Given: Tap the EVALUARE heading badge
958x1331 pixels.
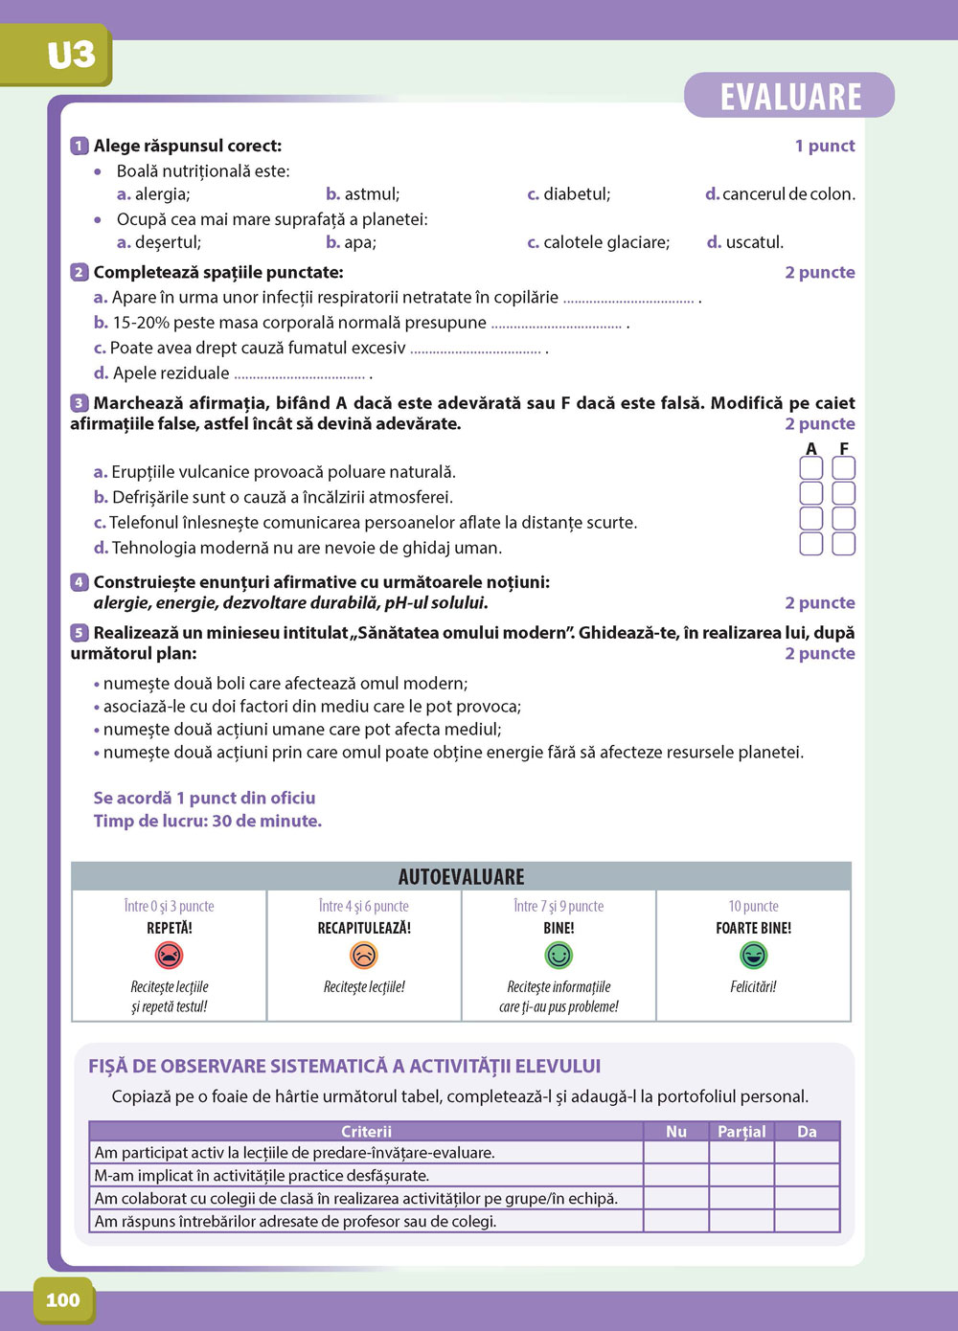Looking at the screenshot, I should (x=789, y=96).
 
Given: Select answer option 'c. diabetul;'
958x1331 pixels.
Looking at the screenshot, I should (x=569, y=194).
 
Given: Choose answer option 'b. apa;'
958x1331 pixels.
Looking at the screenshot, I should (x=351, y=242).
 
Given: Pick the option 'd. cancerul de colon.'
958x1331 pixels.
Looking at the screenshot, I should (x=780, y=194).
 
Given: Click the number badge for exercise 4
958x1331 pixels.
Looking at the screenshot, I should (x=80, y=582).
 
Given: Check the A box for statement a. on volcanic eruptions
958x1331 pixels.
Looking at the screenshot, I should (x=811, y=468).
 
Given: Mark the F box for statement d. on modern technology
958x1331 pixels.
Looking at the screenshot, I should (x=843, y=544).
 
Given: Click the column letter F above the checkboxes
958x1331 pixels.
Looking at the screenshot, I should (x=844, y=448).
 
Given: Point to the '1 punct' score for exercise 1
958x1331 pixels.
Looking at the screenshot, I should (x=824, y=146).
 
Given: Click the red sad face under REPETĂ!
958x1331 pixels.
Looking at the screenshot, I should (x=169, y=955).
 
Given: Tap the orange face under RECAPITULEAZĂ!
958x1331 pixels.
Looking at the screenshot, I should (x=364, y=955).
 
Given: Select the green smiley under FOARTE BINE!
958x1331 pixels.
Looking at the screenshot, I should (x=753, y=955).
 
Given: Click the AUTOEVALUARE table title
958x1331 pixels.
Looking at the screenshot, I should (x=461, y=876).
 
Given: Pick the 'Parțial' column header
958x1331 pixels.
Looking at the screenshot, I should (x=741, y=1131).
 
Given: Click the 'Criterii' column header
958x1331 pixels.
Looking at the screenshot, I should (x=366, y=1131).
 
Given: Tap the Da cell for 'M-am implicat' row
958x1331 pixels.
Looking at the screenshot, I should (x=807, y=1175).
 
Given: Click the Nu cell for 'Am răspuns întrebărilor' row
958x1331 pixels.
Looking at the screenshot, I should (x=676, y=1221).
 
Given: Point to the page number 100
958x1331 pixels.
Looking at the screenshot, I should (x=63, y=1299).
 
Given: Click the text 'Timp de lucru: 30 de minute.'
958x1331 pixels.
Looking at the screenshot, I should (x=207, y=821).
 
